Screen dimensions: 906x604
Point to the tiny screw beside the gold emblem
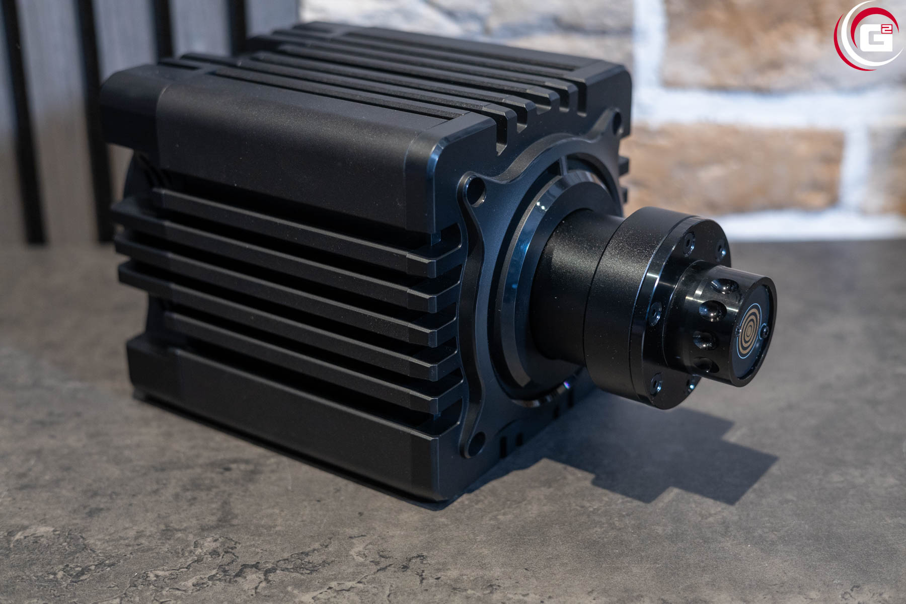765,331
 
